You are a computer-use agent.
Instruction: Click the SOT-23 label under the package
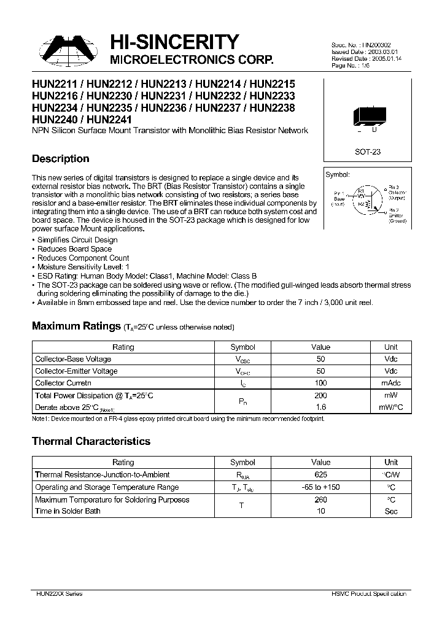(368, 152)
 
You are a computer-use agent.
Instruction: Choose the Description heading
(60, 159)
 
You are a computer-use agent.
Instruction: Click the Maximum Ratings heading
(76, 326)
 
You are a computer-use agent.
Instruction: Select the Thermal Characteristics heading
(91, 441)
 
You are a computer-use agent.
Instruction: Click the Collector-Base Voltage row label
(74, 359)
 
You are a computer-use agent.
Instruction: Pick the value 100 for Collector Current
(320, 384)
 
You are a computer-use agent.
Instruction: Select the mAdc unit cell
(390, 384)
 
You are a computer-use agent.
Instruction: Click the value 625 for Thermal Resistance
(320, 474)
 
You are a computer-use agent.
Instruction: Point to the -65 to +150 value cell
(320, 487)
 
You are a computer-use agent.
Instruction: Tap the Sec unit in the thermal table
(390, 511)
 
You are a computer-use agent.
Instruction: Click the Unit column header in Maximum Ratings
(390, 347)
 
